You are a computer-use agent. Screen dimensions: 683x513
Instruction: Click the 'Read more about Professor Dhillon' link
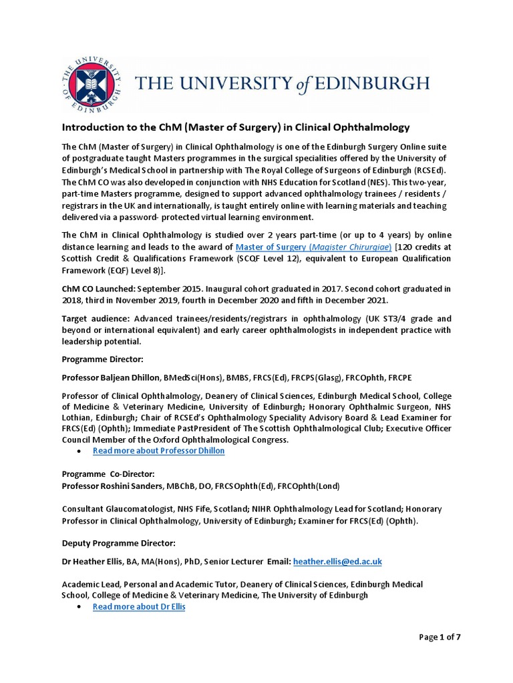158,451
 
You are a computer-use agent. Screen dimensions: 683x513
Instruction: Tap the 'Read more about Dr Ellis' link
138,607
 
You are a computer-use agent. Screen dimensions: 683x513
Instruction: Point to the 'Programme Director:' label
102,359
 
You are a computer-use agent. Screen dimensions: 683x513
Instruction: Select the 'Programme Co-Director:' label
108,474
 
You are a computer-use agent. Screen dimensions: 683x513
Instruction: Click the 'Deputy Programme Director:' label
118,543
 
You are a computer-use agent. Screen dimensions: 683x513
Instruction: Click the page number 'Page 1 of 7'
440,637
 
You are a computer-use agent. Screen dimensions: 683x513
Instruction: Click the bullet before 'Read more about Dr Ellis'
79,607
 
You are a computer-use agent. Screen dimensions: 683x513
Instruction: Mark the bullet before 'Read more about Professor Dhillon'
79,452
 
